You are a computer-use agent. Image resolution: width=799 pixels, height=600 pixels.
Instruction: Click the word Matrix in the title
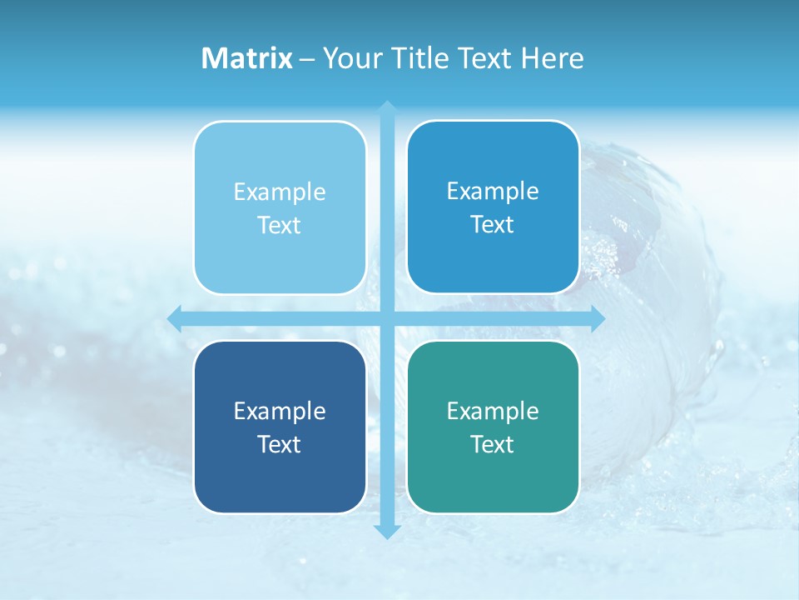pos(247,58)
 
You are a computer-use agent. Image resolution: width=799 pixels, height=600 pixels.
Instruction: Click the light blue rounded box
pos(280,207)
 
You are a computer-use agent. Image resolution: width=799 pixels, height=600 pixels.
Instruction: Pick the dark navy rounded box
pos(280,427)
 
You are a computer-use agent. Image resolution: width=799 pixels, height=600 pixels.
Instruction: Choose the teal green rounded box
pos(493,427)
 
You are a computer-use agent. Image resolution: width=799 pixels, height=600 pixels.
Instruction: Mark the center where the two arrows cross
pos(387,318)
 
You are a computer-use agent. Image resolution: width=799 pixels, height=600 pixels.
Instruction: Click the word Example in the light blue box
pos(280,192)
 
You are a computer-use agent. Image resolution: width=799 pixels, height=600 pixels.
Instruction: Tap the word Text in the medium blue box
pos(493,224)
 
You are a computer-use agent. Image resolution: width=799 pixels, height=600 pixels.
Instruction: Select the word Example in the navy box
pos(280,411)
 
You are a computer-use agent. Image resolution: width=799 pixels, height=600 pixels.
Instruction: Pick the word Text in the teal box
pos(493,444)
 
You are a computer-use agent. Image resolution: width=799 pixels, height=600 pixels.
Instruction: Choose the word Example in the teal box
pos(493,411)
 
